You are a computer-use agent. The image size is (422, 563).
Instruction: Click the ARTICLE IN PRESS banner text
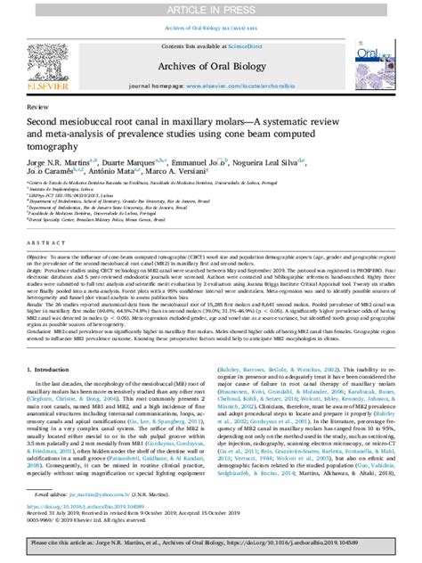(210, 8)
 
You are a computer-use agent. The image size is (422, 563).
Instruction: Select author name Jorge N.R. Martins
(61, 162)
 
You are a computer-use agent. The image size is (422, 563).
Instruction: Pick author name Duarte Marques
(140, 162)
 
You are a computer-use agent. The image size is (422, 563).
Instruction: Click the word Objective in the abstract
(40, 254)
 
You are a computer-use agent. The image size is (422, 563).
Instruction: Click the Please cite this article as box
(210, 547)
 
